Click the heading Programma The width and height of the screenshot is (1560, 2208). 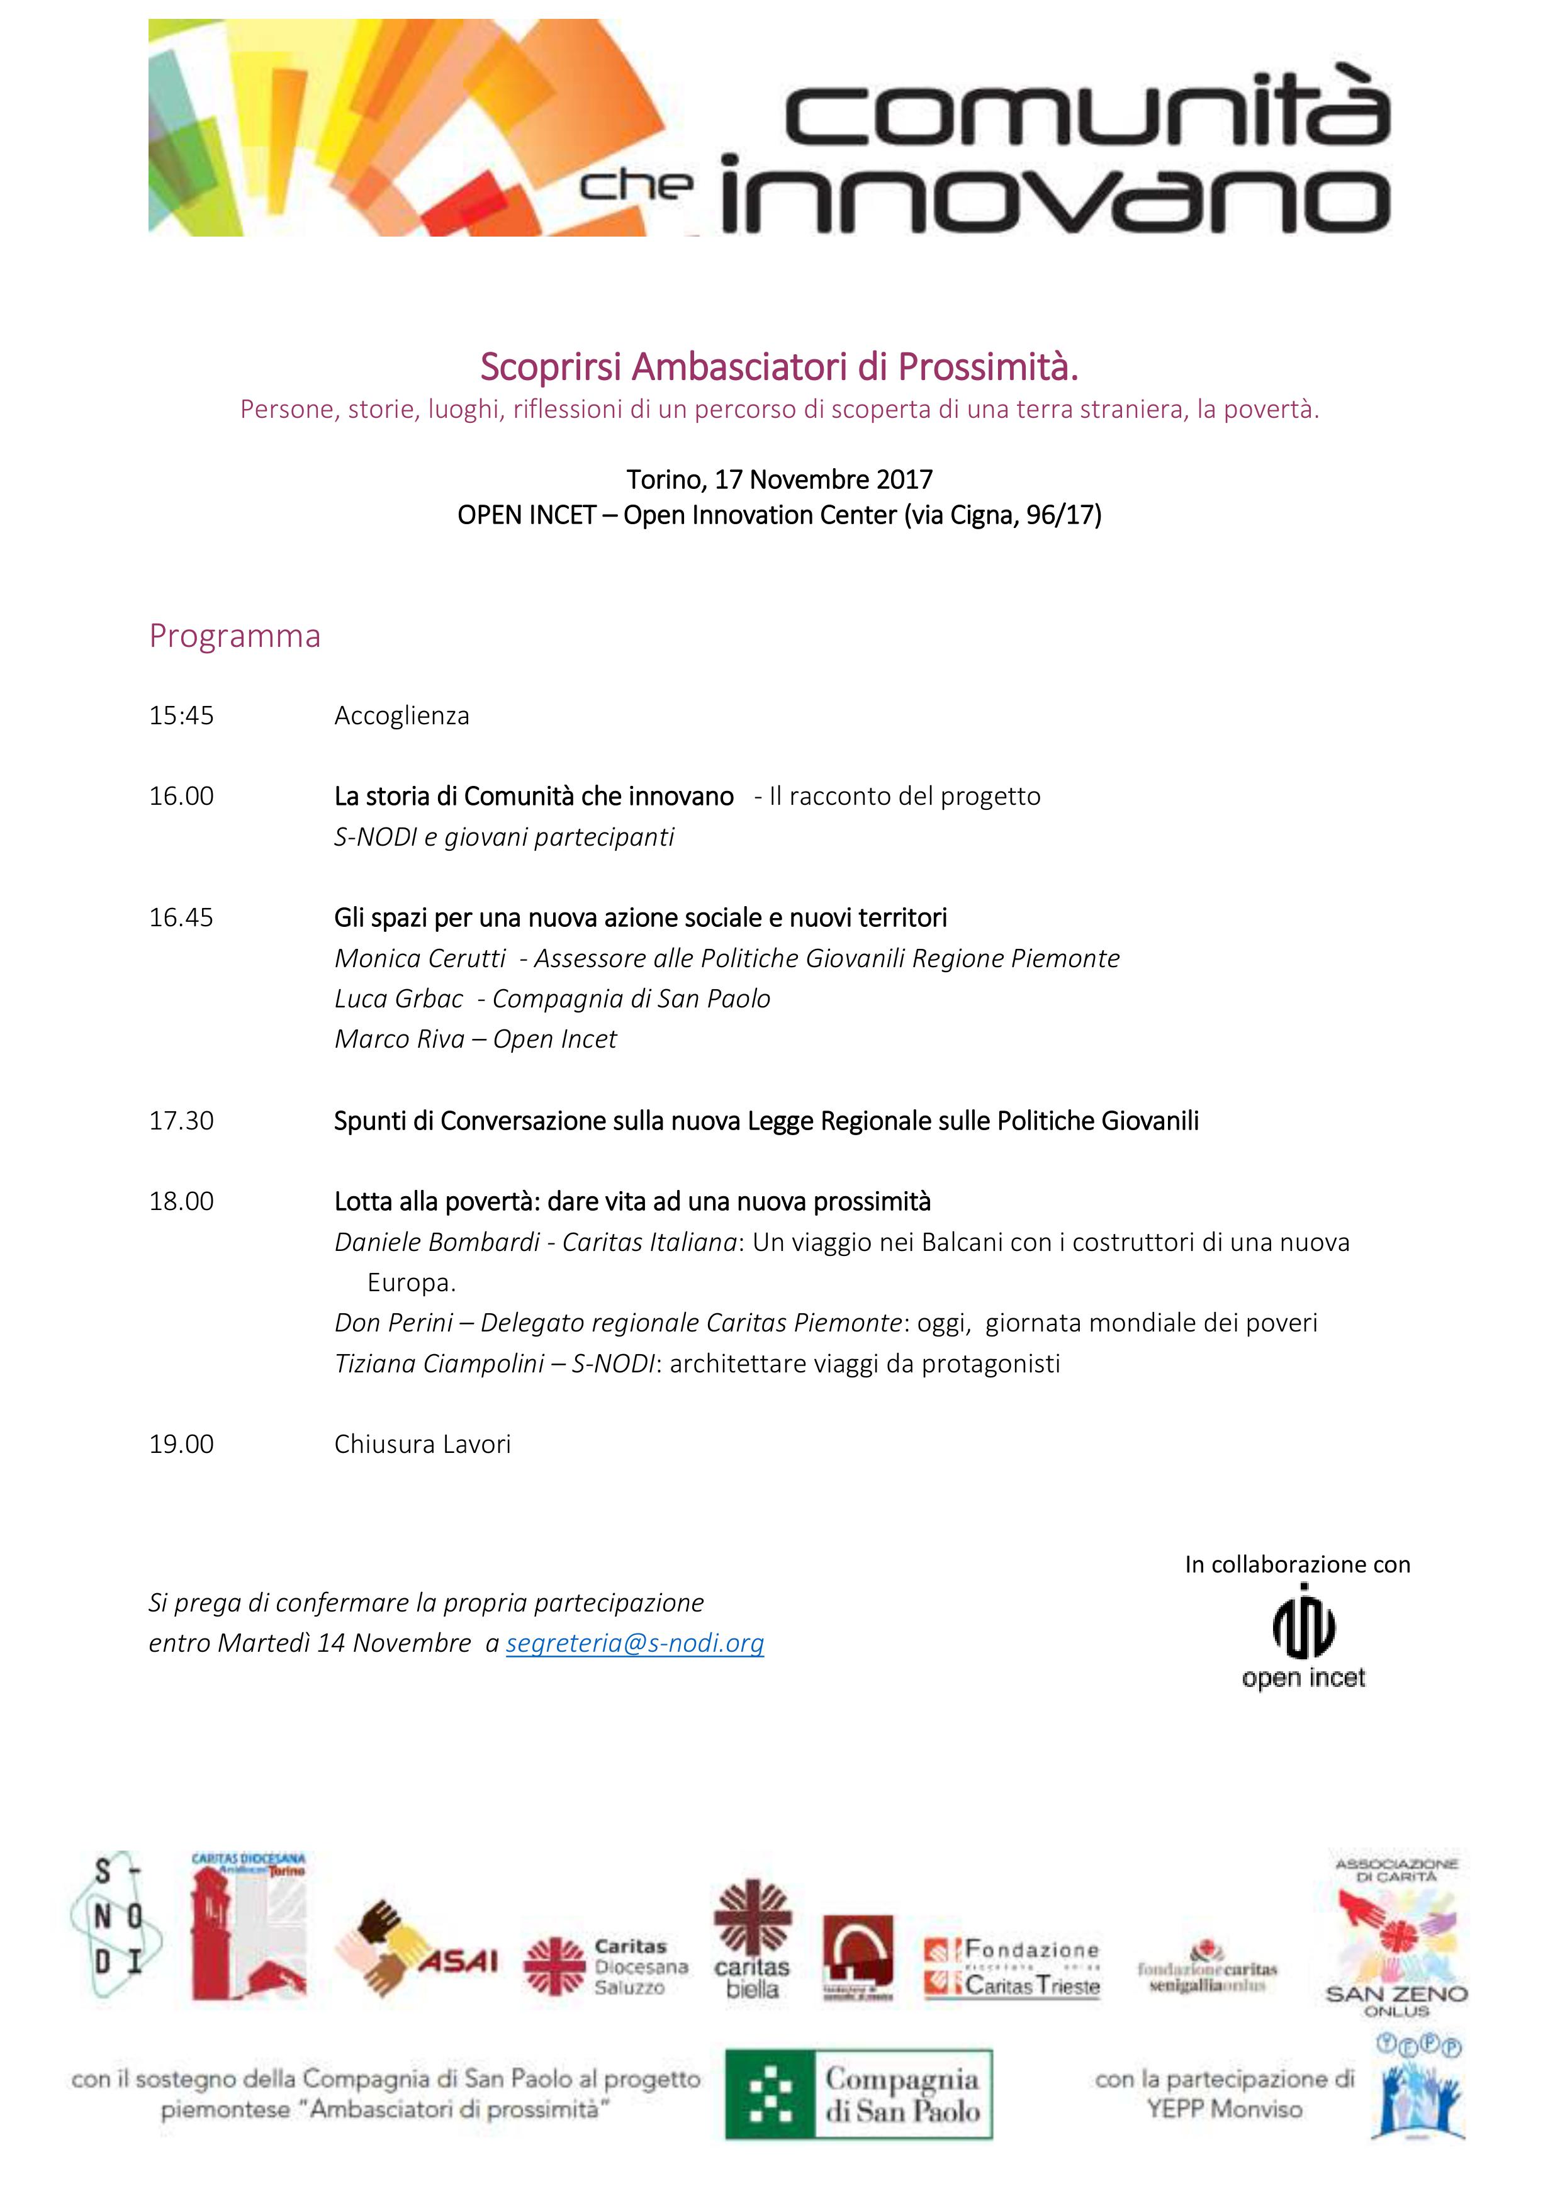[x=235, y=636]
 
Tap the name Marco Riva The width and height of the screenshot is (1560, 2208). [x=398, y=1039]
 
